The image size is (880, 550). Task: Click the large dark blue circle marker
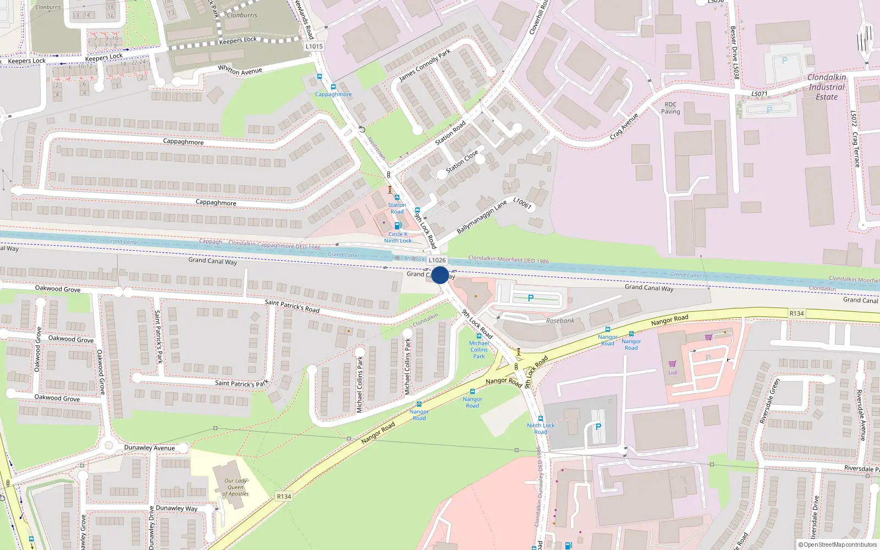coord(440,275)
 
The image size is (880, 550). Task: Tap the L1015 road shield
coord(314,46)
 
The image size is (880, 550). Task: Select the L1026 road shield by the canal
coord(437,260)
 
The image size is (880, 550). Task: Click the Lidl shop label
coord(673,372)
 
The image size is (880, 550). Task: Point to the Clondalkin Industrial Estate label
coord(827,87)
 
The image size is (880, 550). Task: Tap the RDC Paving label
coord(670,108)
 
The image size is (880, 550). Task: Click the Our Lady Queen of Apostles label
coord(235,487)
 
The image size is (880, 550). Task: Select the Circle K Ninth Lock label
coord(398,238)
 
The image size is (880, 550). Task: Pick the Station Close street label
coord(462,162)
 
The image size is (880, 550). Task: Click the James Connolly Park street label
coord(425,65)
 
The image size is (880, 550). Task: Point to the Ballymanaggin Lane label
coord(482,217)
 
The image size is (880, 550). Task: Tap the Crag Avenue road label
coord(624,126)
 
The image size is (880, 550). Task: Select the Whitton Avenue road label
coord(240,70)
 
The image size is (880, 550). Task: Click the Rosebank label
coord(560,321)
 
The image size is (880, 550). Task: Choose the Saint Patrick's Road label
coord(292,306)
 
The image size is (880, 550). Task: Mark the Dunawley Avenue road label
coord(150,448)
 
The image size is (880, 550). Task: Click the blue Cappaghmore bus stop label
coord(333,94)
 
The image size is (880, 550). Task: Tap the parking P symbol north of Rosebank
coord(530,298)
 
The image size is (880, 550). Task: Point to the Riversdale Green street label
coord(769,401)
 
